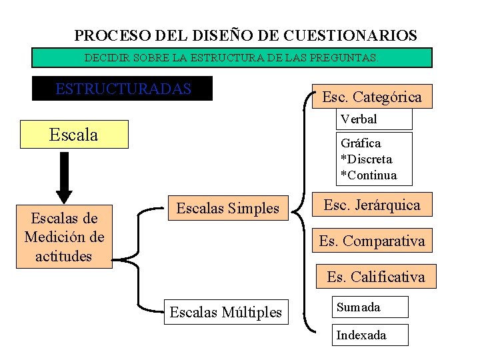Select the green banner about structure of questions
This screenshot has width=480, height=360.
[232, 58]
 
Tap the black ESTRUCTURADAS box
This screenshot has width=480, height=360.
[123, 89]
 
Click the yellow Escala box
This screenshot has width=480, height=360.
[74, 135]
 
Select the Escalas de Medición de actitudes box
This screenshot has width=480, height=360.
[64, 237]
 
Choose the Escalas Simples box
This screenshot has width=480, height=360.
[228, 208]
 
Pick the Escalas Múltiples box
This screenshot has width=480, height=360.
[226, 311]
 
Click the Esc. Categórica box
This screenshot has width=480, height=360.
[372, 97]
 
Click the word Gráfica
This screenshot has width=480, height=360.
[361, 143]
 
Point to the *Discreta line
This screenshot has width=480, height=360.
[366, 159]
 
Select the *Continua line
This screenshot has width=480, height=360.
[368, 175]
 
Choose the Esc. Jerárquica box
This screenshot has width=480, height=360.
[372, 205]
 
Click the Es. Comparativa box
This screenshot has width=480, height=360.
[372, 241]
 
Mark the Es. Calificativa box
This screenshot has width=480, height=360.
[375, 276]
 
